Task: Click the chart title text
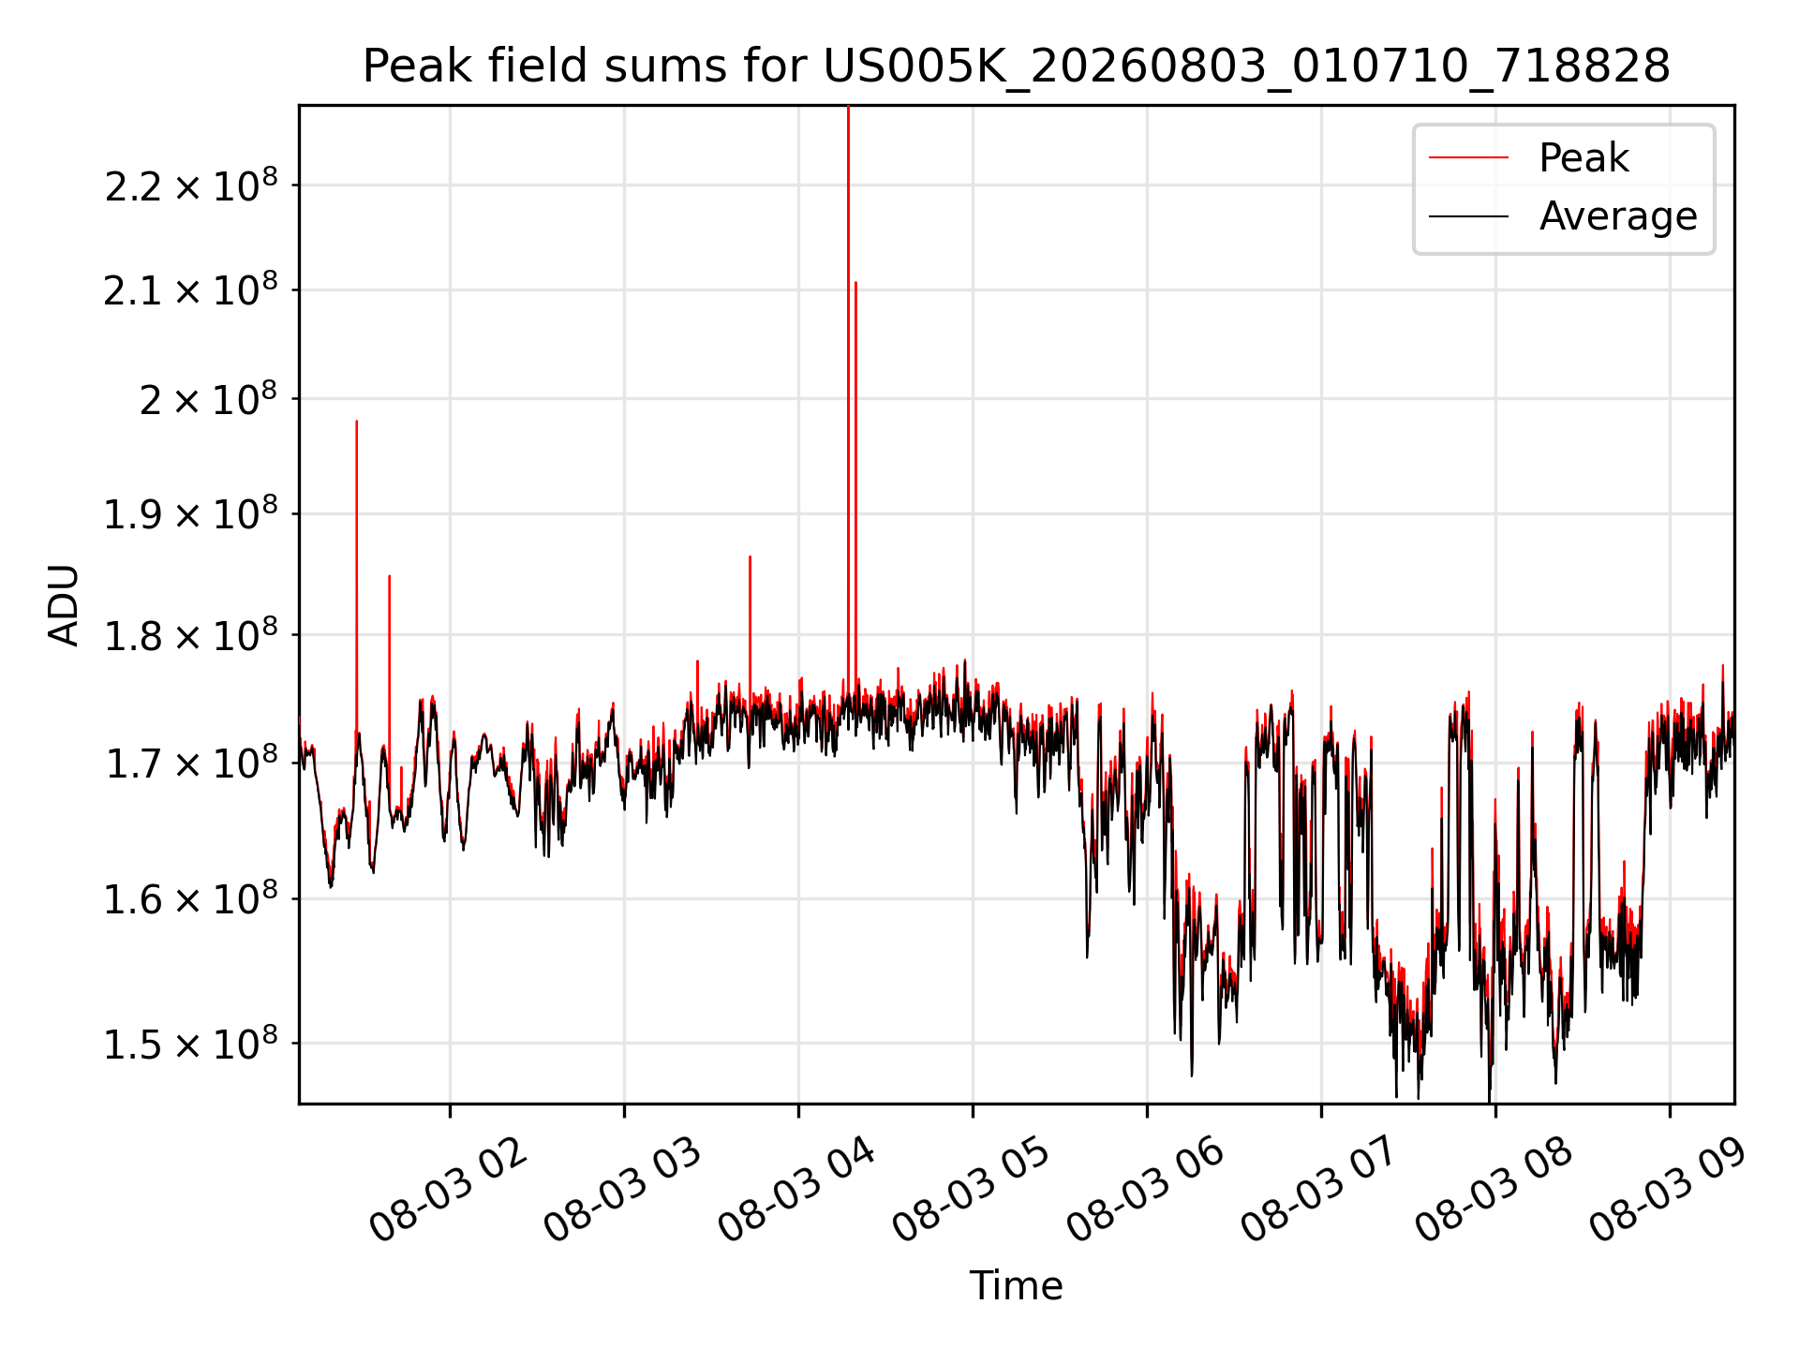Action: click(1017, 67)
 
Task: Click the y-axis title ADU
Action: click(64, 605)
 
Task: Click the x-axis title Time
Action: click(1017, 1286)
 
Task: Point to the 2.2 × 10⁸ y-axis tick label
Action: click(191, 185)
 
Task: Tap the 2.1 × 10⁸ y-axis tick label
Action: click(191, 290)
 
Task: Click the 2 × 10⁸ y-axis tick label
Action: click(209, 399)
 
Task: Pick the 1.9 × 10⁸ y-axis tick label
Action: click(191, 514)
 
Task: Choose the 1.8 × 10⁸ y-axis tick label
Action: click(191, 636)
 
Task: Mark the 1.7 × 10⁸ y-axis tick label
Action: click(191, 763)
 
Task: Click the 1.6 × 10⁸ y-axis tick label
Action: click(191, 899)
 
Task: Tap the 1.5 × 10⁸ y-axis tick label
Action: click(191, 1044)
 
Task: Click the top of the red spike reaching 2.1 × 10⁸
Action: click(855, 282)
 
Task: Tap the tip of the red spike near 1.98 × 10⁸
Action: click(356, 421)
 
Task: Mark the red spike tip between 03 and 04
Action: click(750, 556)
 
